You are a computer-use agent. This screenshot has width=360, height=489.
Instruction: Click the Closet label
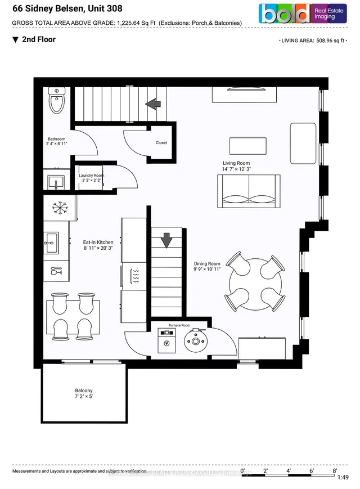(161, 143)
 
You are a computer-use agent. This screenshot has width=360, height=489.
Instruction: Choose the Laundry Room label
(91, 176)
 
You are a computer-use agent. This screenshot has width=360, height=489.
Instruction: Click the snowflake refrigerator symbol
(57, 208)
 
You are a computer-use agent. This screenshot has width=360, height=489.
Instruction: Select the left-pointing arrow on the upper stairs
(152, 104)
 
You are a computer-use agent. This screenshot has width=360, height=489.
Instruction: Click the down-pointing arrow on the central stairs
(166, 241)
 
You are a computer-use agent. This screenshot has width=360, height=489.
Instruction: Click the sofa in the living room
(248, 190)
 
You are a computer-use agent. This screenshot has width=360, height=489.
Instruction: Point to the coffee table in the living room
(248, 145)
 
